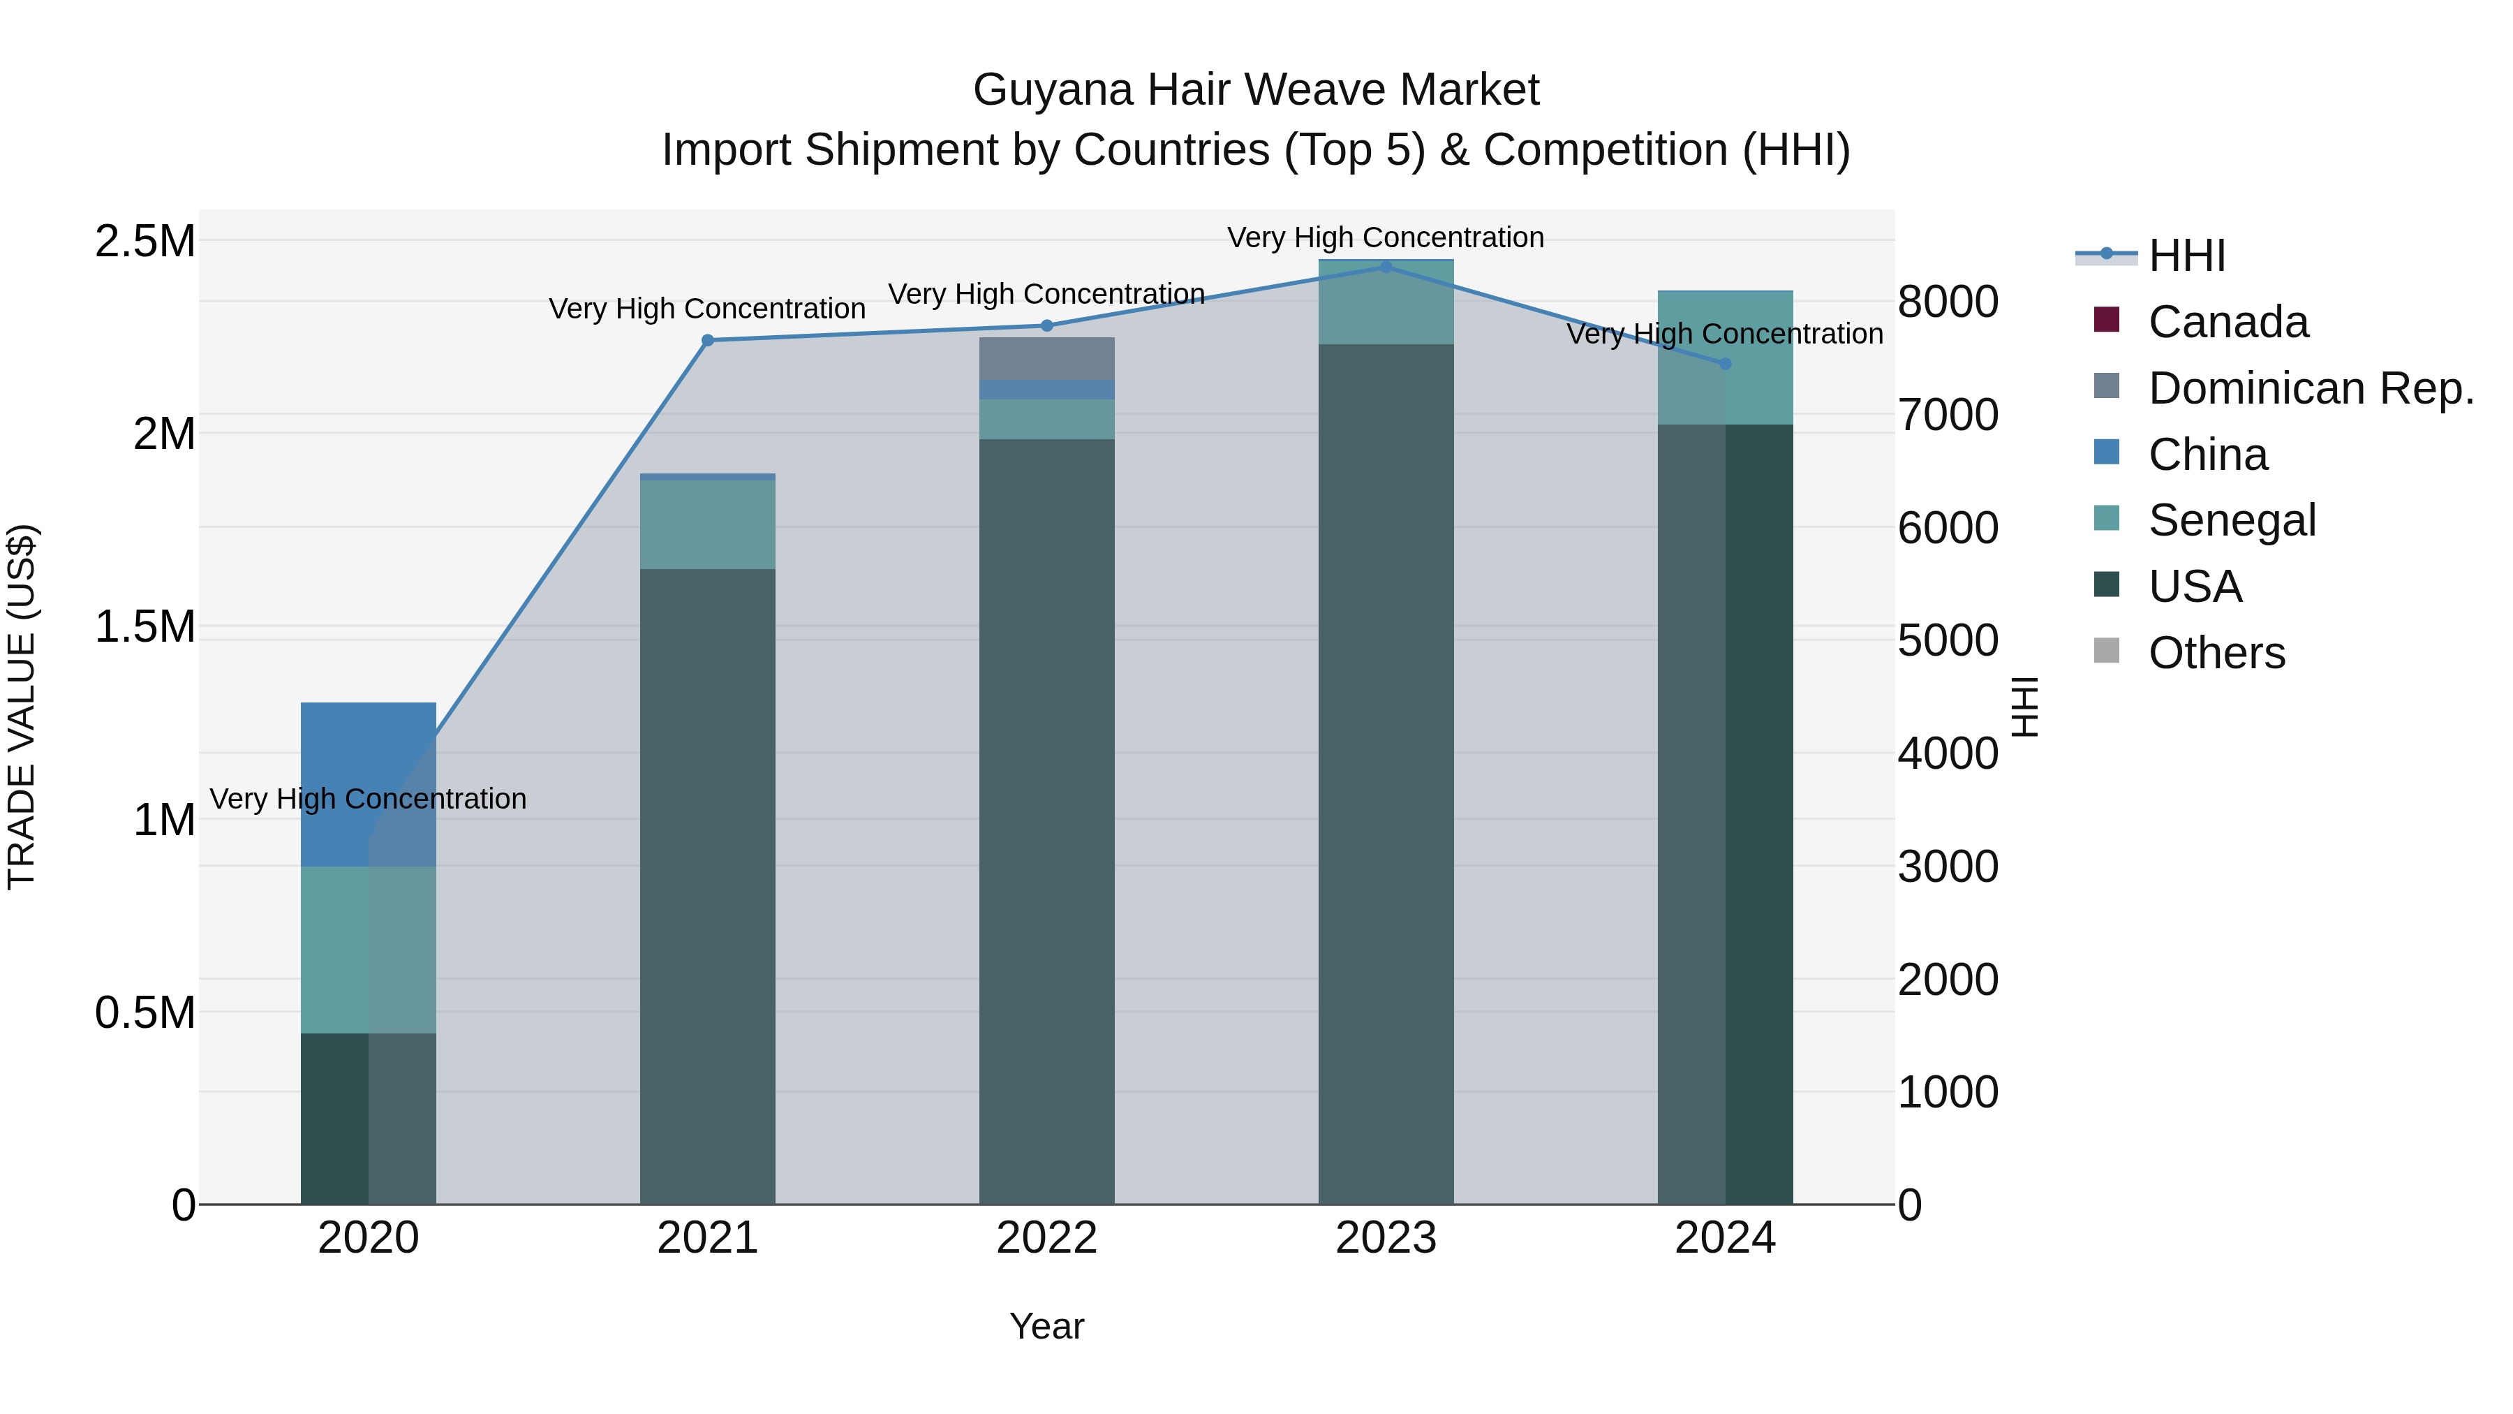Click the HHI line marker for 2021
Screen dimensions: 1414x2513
pos(707,341)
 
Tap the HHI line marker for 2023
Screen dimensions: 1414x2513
pos(1385,267)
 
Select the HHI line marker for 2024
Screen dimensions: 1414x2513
pos(1725,363)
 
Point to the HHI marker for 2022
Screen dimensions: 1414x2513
pos(1047,326)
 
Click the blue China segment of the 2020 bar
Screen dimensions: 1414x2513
pos(368,771)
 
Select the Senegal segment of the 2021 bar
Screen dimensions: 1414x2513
pos(707,524)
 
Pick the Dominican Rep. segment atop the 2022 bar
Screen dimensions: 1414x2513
pos(1047,358)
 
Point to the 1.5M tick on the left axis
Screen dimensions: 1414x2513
pos(145,626)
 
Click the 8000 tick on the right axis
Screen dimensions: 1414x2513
pos(1947,302)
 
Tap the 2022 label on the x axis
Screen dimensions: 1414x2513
pos(1047,1238)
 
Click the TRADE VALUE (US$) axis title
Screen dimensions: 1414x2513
pos(22,707)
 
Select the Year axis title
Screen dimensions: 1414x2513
pos(1047,1326)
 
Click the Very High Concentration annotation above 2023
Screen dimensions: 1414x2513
pos(1385,237)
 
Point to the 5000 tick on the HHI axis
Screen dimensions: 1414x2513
pos(1947,641)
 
